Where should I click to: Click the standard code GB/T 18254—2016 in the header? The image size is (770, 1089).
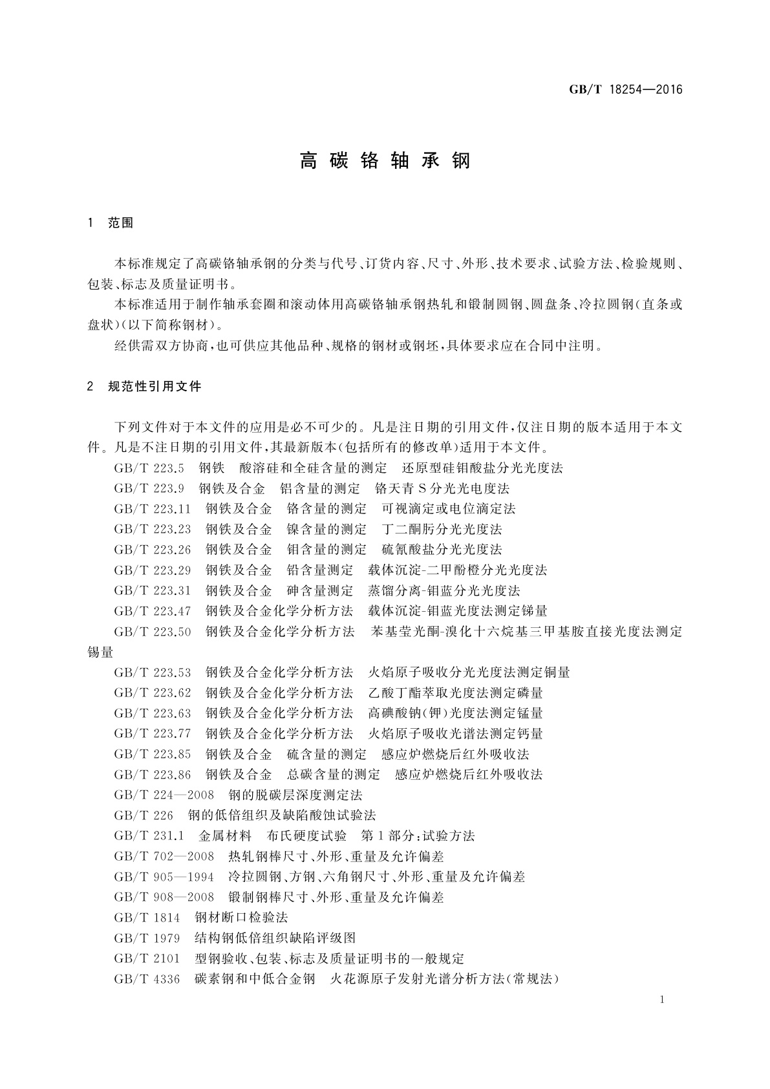click(625, 90)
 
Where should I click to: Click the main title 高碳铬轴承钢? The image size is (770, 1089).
click(385, 161)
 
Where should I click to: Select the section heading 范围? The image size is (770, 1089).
click(120, 223)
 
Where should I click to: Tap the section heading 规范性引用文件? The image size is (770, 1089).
click(155, 387)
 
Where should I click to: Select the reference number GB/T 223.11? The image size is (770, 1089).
click(153, 508)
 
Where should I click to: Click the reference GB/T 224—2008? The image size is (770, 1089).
click(164, 795)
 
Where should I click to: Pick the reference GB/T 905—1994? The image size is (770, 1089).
click(164, 877)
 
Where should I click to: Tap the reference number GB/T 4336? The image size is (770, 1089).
click(147, 979)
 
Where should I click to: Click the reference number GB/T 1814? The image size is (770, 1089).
click(147, 918)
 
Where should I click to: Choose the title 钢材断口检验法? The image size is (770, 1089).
click(241, 918)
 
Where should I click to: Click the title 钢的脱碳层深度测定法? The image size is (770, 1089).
click(295, 795)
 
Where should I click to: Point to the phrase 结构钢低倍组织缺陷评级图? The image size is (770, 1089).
click(275, 938)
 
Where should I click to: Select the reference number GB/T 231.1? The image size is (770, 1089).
click(149, 836)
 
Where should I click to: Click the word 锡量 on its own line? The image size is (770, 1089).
click(100, 652)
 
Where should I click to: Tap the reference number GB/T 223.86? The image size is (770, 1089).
click(153, 775)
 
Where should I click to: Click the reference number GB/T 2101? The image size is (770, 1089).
click(147, 958)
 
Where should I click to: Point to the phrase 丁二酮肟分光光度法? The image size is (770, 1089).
click(442, 529)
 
